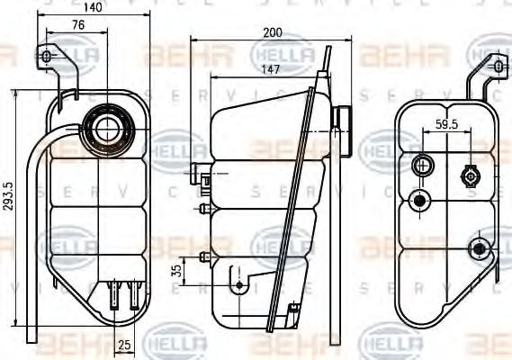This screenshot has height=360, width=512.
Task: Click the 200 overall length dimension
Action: click(273, 33)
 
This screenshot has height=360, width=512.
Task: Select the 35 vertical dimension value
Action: click(177, 269)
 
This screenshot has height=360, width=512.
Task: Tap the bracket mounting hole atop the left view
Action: click(48, 58)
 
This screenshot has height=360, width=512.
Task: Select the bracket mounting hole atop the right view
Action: click(499, 67)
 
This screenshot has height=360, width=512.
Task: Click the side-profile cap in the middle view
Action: click(340, 118)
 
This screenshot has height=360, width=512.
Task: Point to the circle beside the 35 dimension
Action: click(238, 285)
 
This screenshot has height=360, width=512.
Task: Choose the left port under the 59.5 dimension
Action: click(421, 166)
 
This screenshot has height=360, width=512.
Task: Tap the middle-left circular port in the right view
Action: click(418, 200)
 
